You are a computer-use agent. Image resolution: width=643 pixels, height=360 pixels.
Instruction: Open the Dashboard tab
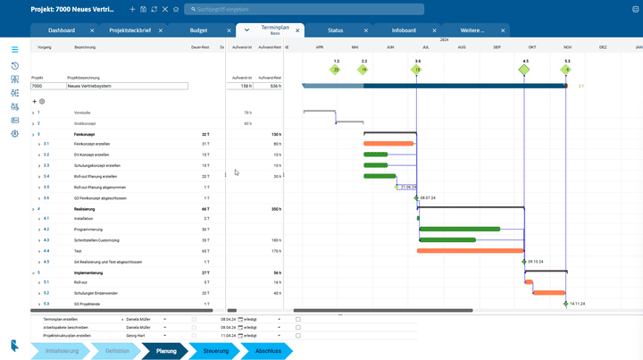(x=62, y=30)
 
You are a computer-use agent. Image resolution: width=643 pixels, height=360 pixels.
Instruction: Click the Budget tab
(x=199, y=30)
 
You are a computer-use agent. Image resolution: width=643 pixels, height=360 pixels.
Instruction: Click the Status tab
(x=335, y=30)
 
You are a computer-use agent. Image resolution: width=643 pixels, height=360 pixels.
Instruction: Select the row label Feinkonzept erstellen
(x=93, y=144)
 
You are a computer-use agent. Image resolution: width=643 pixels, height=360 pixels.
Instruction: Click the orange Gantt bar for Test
(x=470, y=251)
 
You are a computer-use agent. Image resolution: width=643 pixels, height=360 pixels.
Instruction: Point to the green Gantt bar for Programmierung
(x=459, y=230)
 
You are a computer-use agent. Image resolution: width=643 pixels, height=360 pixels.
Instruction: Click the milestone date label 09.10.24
(x=537, y=262)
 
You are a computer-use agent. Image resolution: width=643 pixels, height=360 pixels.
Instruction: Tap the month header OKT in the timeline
(x=532, y=47)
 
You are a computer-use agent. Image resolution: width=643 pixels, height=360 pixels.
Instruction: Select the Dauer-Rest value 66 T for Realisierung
(x=205, y=208)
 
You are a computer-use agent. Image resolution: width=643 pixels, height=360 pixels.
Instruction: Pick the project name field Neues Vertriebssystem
(x=127, y=87)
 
